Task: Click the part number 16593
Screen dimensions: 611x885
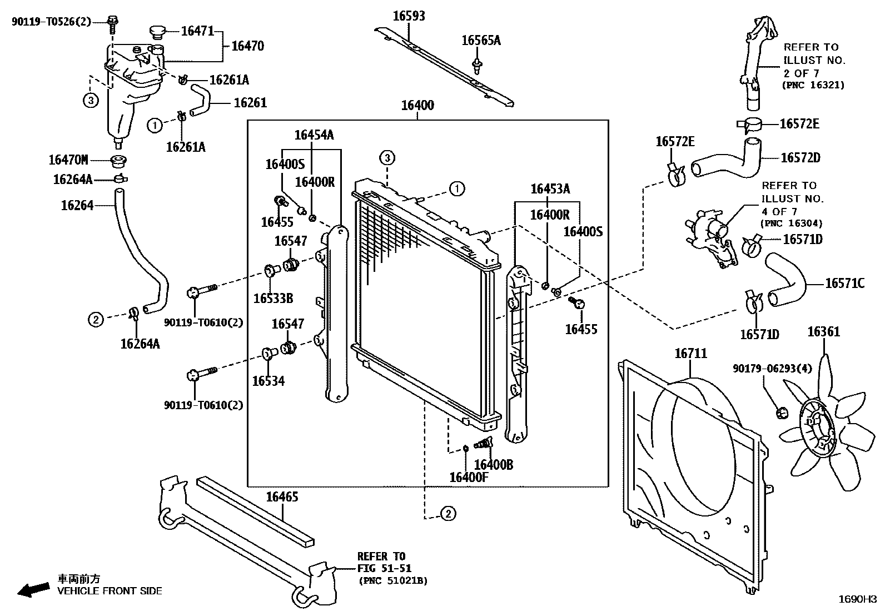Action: (409, 16)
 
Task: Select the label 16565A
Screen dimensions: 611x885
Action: (481, 40)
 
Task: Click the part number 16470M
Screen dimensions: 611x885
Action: (68, 161)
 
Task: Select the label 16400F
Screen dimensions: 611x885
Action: (468, 477)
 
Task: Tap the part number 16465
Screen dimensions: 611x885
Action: (281, 496)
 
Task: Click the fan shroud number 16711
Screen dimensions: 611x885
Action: (690, 353)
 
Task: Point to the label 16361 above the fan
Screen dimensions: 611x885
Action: (823, 332)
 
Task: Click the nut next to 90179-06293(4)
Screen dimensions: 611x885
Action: (782, 413)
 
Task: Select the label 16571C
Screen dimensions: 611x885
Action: (844, 284)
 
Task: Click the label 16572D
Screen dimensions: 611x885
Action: (800, 158)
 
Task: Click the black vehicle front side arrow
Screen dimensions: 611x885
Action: (33, 589)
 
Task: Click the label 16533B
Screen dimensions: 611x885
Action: (273, 299)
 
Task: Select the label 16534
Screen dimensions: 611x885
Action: (268, 381)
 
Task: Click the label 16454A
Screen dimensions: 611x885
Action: (314, 135)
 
